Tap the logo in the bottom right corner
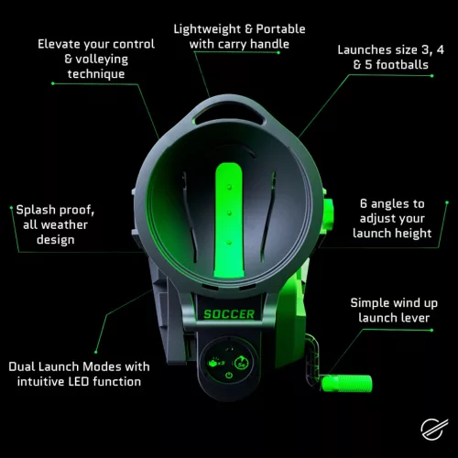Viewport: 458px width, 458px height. [430, 430]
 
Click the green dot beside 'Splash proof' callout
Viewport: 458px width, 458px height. [8, 210]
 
